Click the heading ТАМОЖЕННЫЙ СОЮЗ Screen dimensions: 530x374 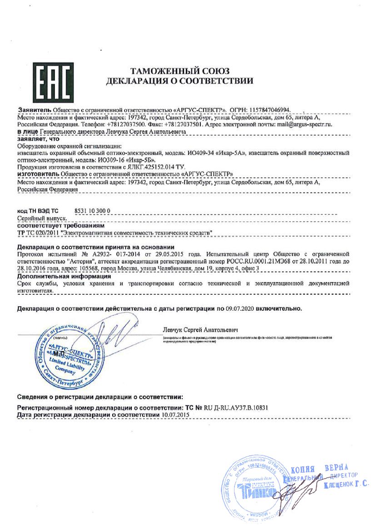coord(180,71)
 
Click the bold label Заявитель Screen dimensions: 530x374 coord(34,111)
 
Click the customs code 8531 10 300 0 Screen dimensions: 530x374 coord(92,212)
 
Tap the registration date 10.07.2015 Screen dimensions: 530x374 coord(175,415)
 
